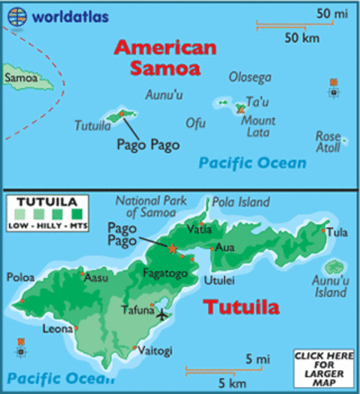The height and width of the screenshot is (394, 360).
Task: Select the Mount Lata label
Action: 259,126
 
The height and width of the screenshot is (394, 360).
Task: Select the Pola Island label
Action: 241,202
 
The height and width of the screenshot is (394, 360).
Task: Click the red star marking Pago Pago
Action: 173,247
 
